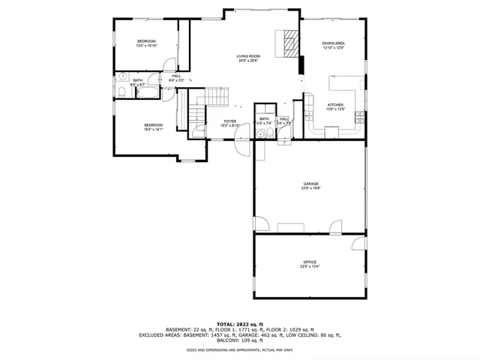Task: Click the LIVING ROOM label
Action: tap(248, 56)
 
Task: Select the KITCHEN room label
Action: tap(335, 104)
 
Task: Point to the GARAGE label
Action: tap(310, 184)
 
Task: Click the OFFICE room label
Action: tap(310, 262)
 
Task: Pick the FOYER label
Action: tap(230, 121)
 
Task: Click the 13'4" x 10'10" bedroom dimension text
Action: tap(145, 46)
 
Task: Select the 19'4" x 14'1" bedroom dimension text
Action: tap(153, 129)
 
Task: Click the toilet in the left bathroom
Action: tap(123, 92)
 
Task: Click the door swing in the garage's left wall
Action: tap(261, 223)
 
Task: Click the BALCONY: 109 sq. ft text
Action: tap(239, 341)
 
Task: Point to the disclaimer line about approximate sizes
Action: tap(239, 350)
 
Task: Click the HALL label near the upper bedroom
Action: tap(176, 76)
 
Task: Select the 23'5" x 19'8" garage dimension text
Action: tap(310, 188)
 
